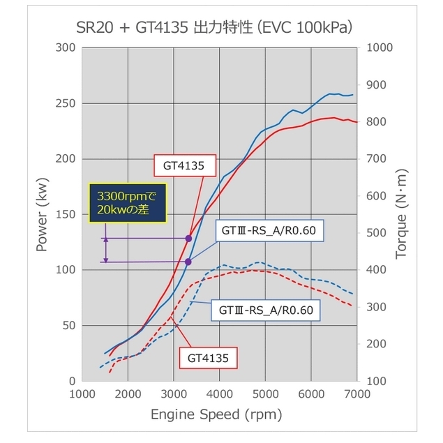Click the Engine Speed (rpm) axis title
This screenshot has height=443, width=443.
coord(217,415)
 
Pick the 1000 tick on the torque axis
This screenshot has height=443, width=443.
coord(377,48)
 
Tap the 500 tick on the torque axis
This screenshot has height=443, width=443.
coord(375,233)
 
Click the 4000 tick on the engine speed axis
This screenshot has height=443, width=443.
coord(220,395)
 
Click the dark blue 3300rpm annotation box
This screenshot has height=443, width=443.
coord(129,203)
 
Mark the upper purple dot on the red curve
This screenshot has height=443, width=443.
coord(188,239)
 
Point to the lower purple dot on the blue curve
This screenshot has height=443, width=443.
coord(188,262)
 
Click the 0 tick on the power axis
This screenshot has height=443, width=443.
coord(72,381)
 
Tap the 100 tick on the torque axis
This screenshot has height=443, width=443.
coord(375,381)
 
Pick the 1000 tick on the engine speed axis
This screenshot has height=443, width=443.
coord(82,395)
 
